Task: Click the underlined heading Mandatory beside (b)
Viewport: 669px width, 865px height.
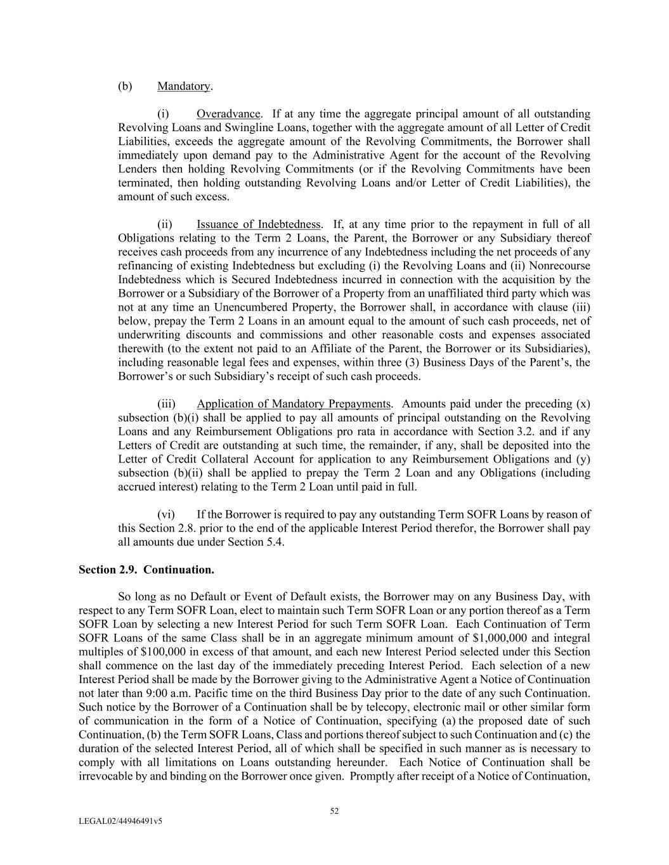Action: pyautogui.click(x=184, y=86)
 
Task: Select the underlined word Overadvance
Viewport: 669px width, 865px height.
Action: pyautogui.click(x=228, y=114)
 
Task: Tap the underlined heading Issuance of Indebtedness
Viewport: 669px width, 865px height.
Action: pyautogui.click(x=258, y=224)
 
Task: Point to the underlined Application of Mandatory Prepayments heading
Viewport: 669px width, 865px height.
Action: pyautogui.click(x=294, y=404)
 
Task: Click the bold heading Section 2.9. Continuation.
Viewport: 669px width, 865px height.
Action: pyautogui.click(x=146, y=570)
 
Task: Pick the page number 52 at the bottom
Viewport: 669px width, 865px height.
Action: pyautogui.click(x=334, y=811)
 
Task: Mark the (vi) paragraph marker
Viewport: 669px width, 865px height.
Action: pyautogui.click(x=166, y=515)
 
